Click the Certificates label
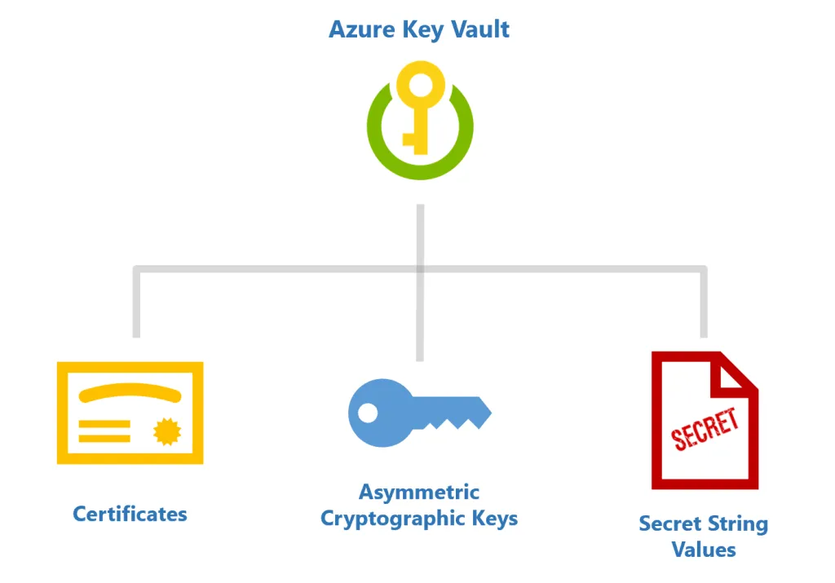[130, 514]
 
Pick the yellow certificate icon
[130, 413]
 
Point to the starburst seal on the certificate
[166, 431]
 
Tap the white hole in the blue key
[368, 413]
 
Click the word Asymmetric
[419, 492]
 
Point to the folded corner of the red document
[738, 371]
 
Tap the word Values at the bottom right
[704, 549]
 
